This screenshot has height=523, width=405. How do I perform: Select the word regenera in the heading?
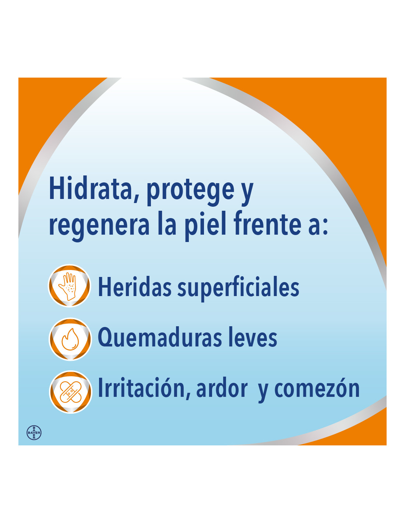99,226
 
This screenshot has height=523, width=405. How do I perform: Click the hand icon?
70,286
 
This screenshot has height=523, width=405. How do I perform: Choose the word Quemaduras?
160,337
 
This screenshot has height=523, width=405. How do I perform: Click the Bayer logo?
34,432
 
